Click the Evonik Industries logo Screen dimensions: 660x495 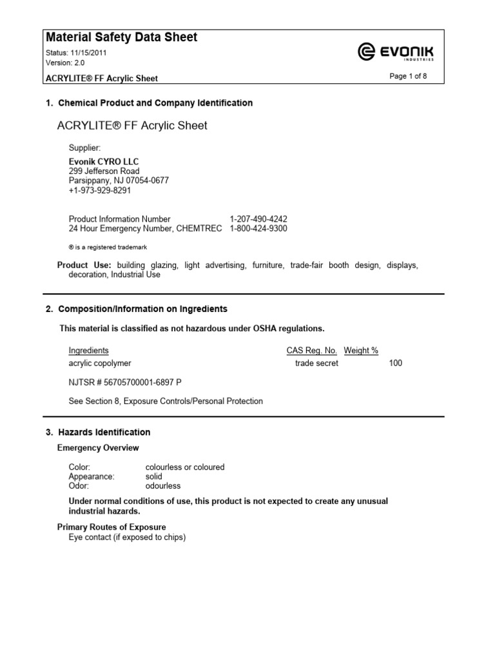click(x=396, y=51)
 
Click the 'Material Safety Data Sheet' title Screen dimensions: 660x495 click(x=121, y=37)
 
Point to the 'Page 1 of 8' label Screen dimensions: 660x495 click(x=408, y=76)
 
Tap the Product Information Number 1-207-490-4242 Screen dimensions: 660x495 click(x=258, y=219)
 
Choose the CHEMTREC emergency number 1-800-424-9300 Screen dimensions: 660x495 click(x=258, y=229)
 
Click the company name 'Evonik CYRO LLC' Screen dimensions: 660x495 click(x=104, y=162)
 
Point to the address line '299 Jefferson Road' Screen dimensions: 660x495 click(x=104, y=171)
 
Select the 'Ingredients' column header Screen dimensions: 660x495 click(x=88, y=351)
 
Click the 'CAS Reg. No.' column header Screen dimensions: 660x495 click(x=311, y=351)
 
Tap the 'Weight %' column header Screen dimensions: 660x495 click(x=361, y=351)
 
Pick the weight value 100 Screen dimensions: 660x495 click(x=395, y=364)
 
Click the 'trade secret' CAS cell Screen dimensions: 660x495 click(x=316, y=364)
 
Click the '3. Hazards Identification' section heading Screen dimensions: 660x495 click(x=98, y=432)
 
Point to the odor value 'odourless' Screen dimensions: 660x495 click(x=164, y=486)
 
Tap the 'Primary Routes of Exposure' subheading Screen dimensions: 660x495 click(x=112, y=527)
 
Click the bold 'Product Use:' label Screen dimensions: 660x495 click(x=84, y=266)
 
